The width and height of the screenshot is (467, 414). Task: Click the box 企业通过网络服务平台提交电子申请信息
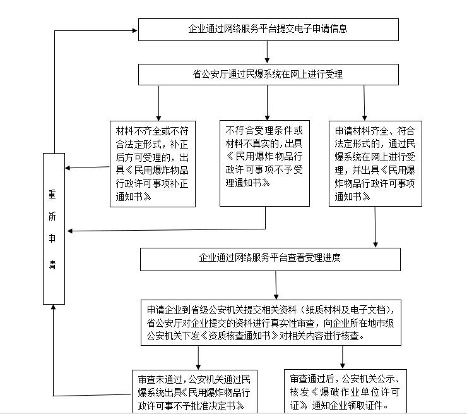click(268, 30)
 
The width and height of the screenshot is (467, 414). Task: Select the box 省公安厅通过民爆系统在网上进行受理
click(268, 75)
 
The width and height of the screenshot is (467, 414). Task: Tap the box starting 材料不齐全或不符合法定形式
click(153, 164)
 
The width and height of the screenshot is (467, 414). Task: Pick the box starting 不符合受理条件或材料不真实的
click(264, 163)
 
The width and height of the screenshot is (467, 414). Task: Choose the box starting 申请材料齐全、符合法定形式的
click(375, 164)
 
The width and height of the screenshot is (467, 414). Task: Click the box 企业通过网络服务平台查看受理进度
click(270, 259)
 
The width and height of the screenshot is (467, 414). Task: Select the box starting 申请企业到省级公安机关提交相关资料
click(271, 323)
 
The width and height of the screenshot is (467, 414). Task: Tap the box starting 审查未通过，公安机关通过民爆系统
click(194, 391)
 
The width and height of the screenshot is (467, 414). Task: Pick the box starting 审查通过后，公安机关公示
click(345, 391)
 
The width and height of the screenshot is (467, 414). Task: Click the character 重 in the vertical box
click(52, 194)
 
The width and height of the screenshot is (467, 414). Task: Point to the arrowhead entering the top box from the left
click(134, 30)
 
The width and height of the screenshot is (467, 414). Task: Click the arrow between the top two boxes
click(267, 52)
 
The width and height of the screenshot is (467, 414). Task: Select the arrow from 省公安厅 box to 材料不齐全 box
click(158, 103)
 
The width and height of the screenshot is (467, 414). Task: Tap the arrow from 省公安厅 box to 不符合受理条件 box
click(267, 103)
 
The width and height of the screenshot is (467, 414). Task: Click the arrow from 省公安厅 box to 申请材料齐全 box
click(364, 103)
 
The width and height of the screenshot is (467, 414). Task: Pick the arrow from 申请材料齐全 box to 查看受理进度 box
click(375, 227)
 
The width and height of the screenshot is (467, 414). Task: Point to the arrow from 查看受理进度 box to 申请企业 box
click(276, 285)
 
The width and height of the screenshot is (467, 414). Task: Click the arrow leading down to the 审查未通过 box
click(198, 358)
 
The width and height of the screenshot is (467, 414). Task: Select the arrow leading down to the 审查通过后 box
click(343, 357)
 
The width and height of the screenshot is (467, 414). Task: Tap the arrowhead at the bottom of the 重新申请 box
click(54, 307)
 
